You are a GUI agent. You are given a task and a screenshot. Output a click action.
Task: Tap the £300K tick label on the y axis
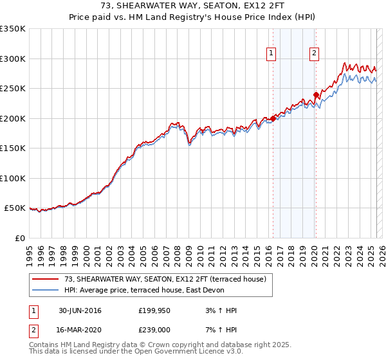pyautogui.click(x=13, y=59)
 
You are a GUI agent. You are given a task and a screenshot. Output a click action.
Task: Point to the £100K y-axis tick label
pyautogui.click(x=13, y=179)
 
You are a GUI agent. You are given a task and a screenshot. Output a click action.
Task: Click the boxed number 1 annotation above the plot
pyautogui.click(x=271, y=54)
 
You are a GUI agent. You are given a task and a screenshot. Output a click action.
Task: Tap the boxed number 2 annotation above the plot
pyautogui.click(x=314, y=54)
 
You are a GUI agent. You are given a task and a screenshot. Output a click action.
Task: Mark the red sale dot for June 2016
pyautogui.click(x=273, y=118)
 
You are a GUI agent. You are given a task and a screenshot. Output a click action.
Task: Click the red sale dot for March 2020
pyautogui.click(x=316, y=95)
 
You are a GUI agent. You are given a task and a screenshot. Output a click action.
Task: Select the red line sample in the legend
pyautogui.click(x=46, y=278)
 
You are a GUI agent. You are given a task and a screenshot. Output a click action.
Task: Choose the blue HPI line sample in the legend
pyautogui.click(x=46, y=289)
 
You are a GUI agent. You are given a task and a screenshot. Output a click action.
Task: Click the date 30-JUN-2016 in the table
pyautogui.click(x=79, y=310)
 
